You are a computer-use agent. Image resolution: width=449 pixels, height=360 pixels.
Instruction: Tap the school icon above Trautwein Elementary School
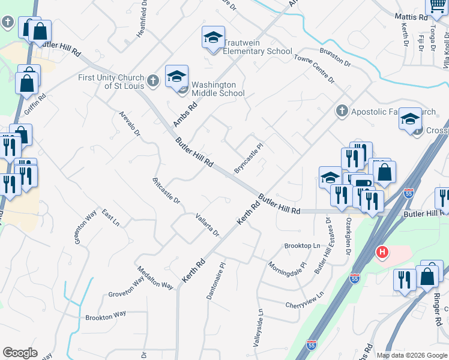coord(213,37)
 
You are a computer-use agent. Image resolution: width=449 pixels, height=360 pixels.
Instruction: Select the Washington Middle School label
coord(218,89)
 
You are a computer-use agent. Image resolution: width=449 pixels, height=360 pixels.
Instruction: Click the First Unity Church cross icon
coord(152,79)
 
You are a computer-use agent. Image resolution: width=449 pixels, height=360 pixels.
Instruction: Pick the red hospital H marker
coord(381,252)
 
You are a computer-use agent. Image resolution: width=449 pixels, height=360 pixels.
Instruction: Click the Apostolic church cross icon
coord(342,111)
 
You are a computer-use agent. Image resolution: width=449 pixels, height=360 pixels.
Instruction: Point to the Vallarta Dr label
coord(208,224)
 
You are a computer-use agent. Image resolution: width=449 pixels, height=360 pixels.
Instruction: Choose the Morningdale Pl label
coord(287,273)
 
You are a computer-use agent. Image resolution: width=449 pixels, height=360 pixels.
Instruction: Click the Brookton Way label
coord(106,315)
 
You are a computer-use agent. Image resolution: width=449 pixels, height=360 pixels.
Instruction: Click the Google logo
coord(20,353)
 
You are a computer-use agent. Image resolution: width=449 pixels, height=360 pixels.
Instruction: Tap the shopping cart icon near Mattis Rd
coord(436,5)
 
